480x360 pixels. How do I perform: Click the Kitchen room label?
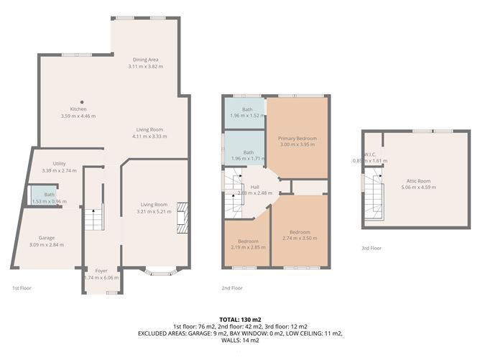coord(78,109)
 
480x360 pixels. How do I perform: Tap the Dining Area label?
coord(146,60)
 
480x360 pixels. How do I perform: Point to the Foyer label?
coord(101,271)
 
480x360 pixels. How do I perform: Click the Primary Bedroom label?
coord(297,138)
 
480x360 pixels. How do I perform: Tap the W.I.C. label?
coord(370,154)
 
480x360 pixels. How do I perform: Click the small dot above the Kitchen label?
coord(82,101)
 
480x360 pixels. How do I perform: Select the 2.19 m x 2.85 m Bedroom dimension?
coord(247,247)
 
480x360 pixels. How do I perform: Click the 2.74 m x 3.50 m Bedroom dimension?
coord(300,239)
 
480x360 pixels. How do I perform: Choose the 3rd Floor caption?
coord(371,248)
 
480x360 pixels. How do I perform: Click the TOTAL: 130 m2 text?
coord(239,319)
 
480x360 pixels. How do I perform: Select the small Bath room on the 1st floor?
coord(49,195)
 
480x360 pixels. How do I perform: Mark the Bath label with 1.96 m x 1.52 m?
coord(246,109)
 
